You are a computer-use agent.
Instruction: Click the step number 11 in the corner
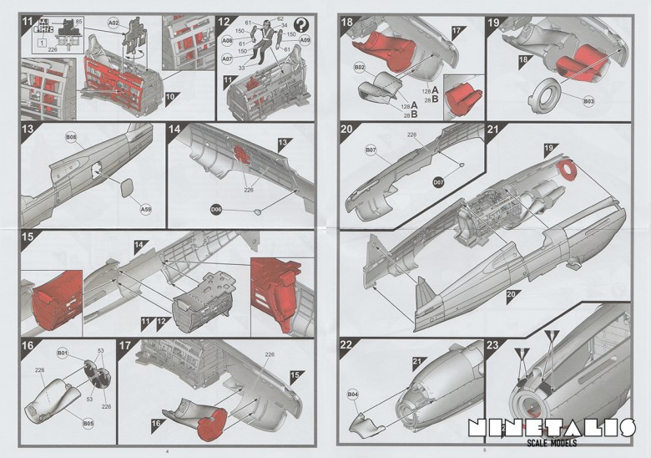tap(28, 21)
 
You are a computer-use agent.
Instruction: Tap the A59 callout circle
tap(146, 209)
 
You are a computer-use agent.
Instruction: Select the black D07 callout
tap(438, 182)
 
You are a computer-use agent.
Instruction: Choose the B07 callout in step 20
tap(371, 150)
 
